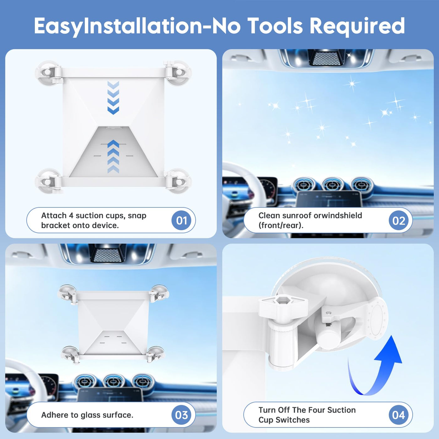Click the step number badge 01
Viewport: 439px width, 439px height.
[182, 220]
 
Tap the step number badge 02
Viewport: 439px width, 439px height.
[399, 220]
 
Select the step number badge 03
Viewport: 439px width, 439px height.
[182, 415]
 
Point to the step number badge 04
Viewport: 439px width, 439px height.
[399, 415]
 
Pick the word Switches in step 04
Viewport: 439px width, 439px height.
[296, 420]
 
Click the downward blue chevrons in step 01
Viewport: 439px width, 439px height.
[113, 98]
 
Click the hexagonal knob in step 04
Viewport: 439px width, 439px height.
[283, 304]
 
